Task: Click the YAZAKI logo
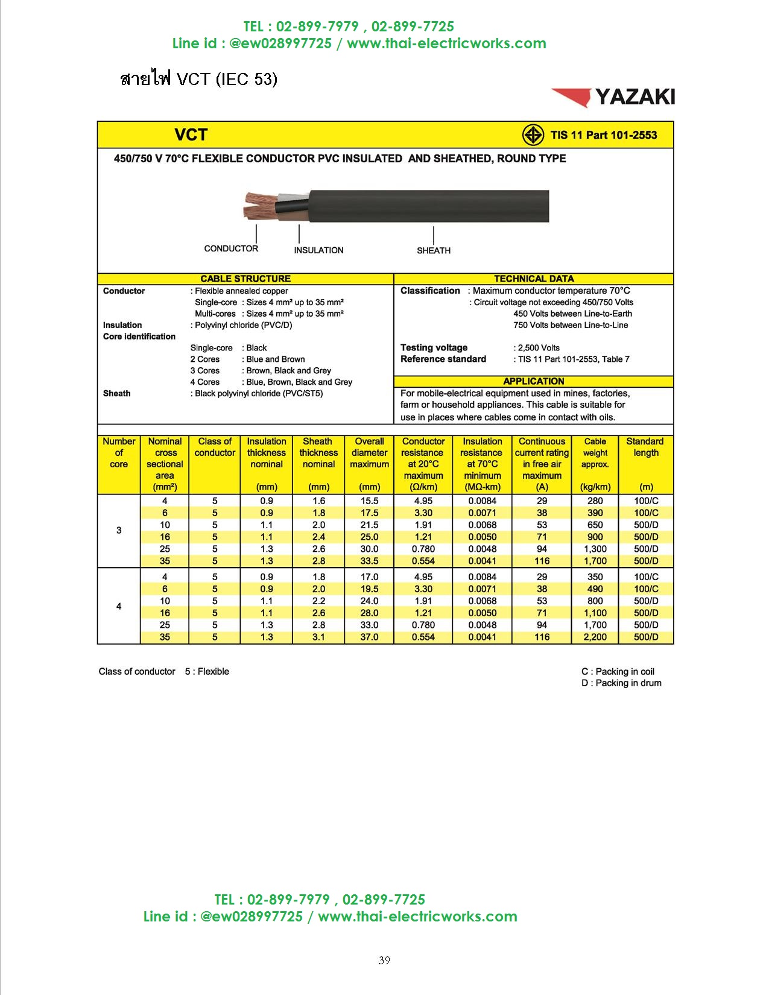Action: [613, 97]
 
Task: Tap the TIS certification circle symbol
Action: [533, 135]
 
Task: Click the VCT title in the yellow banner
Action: [191, 135]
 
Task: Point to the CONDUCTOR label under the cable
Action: [231, 248]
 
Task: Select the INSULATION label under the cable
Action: [318, 250]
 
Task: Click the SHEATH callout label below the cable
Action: [434, 250]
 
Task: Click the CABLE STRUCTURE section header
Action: [245, 279]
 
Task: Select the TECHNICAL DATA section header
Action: [534, 279]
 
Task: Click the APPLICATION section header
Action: [534, 381]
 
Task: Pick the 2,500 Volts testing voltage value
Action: [539, 348]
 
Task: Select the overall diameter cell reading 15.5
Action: [369, 501]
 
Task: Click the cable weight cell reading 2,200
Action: [595, 637]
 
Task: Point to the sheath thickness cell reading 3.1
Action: [318, 637]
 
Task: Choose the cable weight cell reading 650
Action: [595, 525]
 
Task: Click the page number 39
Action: [384, 961]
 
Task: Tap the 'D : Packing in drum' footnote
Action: [621, 683]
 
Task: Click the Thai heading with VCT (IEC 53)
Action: [199, 79]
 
